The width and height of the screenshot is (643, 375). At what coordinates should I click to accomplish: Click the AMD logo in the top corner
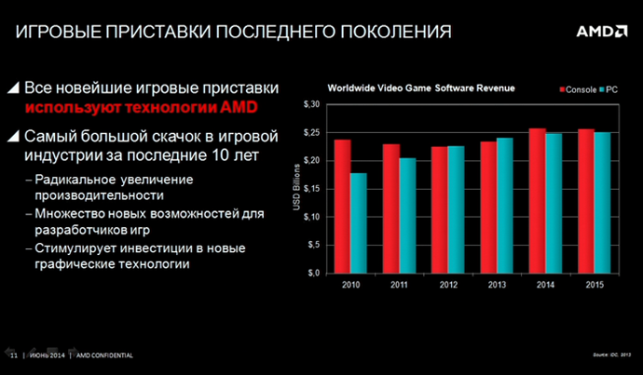pyautogui.click(x=600, y=31)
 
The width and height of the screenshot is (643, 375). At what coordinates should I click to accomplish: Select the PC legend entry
pyautogui.click(x=609, y=88)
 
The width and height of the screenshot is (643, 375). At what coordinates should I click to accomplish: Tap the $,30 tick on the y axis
pyautogui.click(x=311, y=104)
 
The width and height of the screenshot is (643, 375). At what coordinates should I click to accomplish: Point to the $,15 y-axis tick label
pyautogui.click(x=311, y=188)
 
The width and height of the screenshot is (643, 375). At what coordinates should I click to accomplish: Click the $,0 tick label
pyautogui.click(x=313, y=273)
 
